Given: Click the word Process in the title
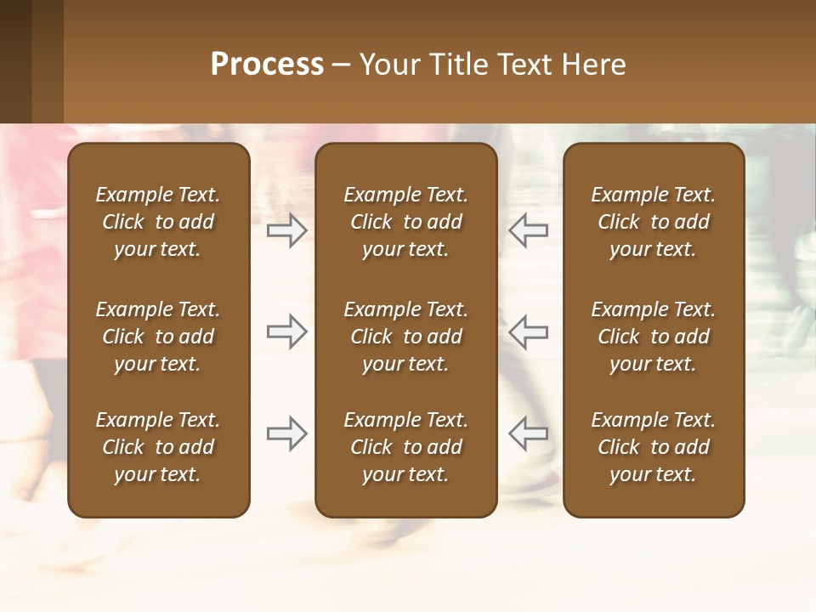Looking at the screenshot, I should click(x=267, y=65).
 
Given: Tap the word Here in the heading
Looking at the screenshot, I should click(x=594, y=65).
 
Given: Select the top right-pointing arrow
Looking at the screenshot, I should click(x=287, y=230).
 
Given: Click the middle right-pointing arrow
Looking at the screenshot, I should click(x=287, y=331).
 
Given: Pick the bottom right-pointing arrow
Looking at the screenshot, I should click(x=287, y=433).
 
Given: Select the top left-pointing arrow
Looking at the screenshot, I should click(x=528, y=230).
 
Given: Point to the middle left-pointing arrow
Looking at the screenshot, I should click(x=528, y=331).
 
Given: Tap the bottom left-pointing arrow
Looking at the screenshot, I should click(x=528, y=433).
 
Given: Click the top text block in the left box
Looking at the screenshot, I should click(x=158, y=222).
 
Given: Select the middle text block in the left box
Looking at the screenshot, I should click(x=158, y=337).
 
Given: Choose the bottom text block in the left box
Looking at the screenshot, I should click(x=158, y=447).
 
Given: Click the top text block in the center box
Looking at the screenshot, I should click(x=405, y=222).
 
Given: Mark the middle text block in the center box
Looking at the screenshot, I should click(x=405, y=337).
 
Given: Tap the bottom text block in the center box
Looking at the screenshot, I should click(x=405, y=447).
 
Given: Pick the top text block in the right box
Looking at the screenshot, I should click(x=653, y=222).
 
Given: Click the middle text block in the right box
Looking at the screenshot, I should click(x=653, y=337).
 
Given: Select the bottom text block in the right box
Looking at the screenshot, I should click(x=653, y=447).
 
